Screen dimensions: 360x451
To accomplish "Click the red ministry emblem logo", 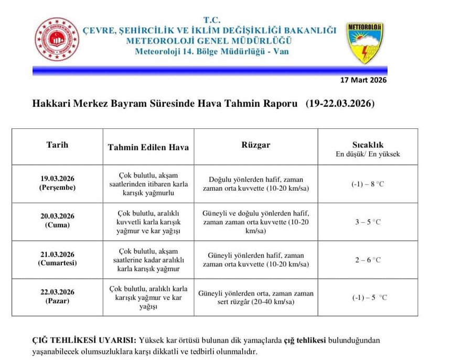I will [57, 39].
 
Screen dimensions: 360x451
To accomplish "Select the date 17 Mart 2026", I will [363, 80].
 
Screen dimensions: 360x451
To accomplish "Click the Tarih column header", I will [57, 145].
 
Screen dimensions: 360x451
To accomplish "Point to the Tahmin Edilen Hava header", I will [148, 147].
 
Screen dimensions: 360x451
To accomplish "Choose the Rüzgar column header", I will [256, 145].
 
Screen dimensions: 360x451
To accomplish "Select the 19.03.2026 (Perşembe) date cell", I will [57, 183].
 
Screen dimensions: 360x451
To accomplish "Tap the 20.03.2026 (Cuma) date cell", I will [57, 221].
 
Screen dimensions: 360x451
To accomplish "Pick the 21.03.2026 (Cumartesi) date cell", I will [57, 259].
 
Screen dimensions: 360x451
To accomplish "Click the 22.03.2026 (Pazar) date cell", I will [57, 297].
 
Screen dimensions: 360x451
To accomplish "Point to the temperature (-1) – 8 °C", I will [368, 184].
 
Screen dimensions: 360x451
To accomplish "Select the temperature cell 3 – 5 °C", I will [368, 222].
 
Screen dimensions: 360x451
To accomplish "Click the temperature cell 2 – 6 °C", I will [368, 260].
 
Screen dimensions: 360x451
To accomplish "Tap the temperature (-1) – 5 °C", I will [369, 298].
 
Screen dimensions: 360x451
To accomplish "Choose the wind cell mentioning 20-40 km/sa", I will [256, 298].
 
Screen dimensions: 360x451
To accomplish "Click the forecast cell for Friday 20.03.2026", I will [148, 222].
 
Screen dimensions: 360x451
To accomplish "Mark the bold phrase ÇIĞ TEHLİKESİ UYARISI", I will [84, 340].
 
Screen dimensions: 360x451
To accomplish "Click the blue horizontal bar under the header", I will [210, 70].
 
